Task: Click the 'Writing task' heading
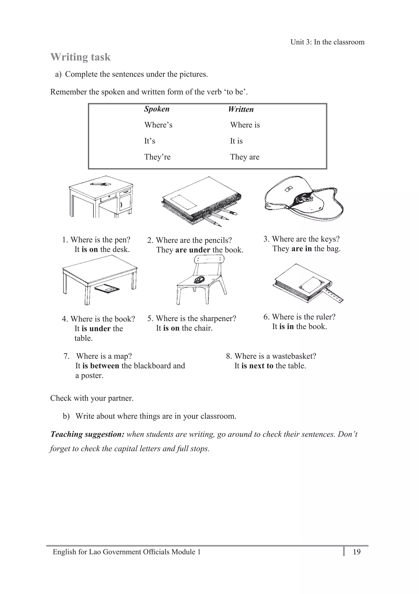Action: tap(80, 57)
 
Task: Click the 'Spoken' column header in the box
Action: tap(157, 109)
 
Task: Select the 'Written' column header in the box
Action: tap(241, 109)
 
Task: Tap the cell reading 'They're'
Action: tap(157, 157)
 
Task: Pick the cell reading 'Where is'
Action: tap(245, 125)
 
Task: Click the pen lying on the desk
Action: tap(100, 184)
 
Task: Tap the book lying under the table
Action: tap(107, 288)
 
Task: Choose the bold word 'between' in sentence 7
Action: tap(104, 366)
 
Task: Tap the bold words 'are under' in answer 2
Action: tap(193, 250)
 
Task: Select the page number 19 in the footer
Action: tap(357, 552)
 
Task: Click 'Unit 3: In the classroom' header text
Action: tap(327, 42)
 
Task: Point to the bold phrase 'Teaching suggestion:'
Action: tap(88, 434)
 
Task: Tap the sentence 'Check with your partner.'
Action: tap(92, 398)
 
